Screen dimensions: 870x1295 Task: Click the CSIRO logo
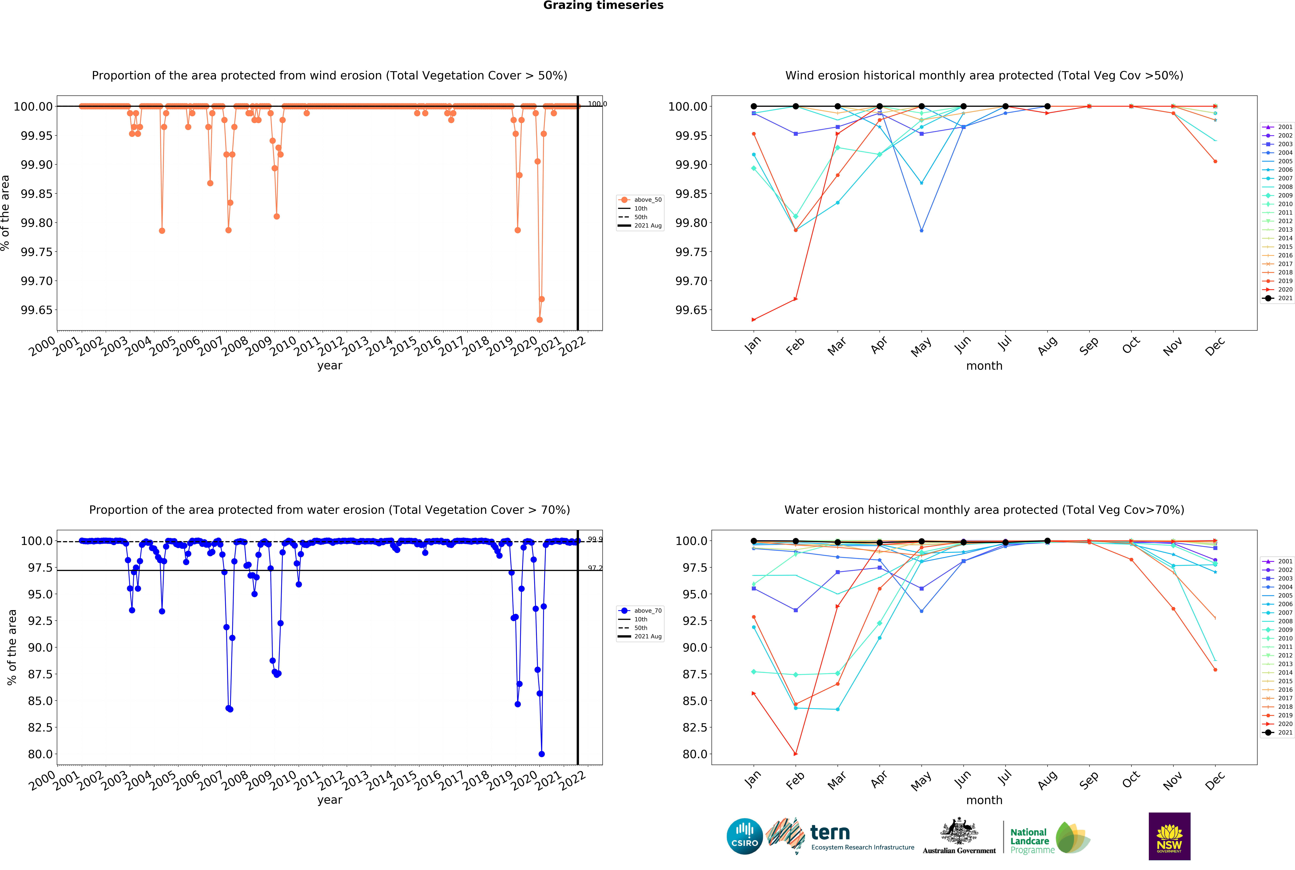pyautogui.click(x=744, y=836)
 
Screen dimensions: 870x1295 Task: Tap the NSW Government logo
pyautogui.click(x=1169, y=836)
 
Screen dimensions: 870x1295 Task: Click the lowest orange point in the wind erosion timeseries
pyautogui.click(x=539, y=320)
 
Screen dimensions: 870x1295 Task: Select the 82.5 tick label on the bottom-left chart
pyautogui.click(x=40, y=727)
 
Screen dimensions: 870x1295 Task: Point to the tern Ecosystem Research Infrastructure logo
pyautogui.click(x=841, y=836)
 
